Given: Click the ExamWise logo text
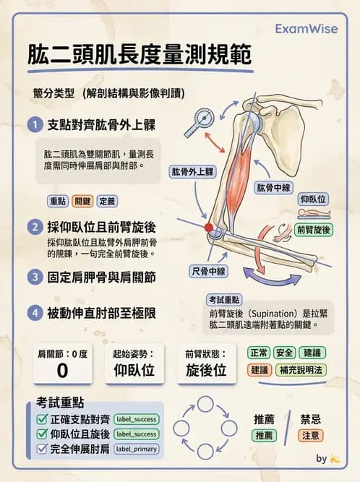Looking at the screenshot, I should pyautogui.click(x=306, y=28).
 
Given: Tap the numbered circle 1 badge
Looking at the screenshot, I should pyautogui.click(x=34, y=125).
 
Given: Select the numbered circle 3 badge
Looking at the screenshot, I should pyautogui.click(x=34, y=277).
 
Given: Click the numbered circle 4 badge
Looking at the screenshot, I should pyautogui.click(x=34, y=314).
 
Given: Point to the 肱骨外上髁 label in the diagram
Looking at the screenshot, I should pyautogui.click(x=192, y=172).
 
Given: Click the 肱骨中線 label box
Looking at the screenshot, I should pyautogui.click(x=274, y=188).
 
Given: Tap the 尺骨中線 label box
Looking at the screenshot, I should pyautogui.click(x=209, y=272).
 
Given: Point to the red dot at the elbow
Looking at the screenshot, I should pyautogui.click(x=210, y=228).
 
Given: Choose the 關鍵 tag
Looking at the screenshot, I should pyautogui.click(x=82, y=201).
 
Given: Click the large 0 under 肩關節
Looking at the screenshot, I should pyautogui.click(x=62, y=371).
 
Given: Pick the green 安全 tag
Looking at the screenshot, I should pyautogui.click(x=285, y=353).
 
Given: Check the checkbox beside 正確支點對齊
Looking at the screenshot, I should pyautogui.click(x=42, y=419).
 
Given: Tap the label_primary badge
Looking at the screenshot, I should pyautogui.click(x=136, y=449).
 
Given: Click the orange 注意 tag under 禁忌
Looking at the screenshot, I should pyautogui.click(x=311, y=436).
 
